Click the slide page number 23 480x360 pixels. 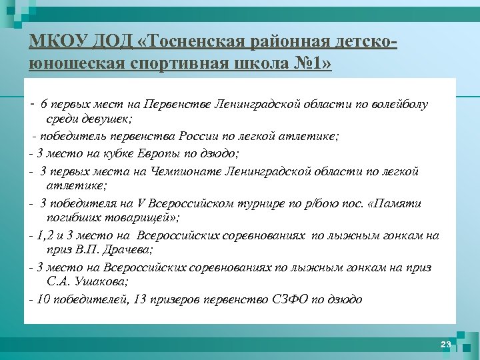445,344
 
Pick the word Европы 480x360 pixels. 156,153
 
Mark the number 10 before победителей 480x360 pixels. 44,299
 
